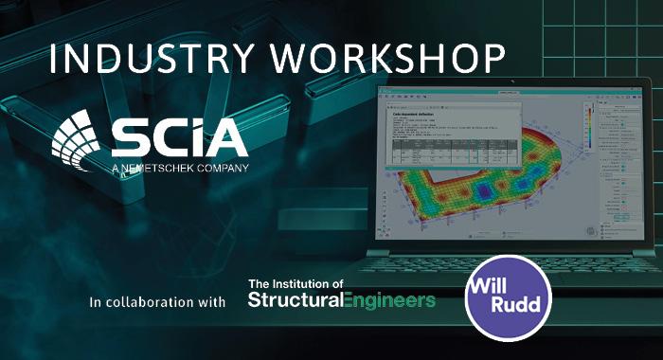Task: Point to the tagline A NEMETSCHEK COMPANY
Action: [180, 170]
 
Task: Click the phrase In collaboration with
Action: [156, 303]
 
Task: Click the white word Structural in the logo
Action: [295, 301]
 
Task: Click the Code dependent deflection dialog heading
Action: [417, 111]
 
